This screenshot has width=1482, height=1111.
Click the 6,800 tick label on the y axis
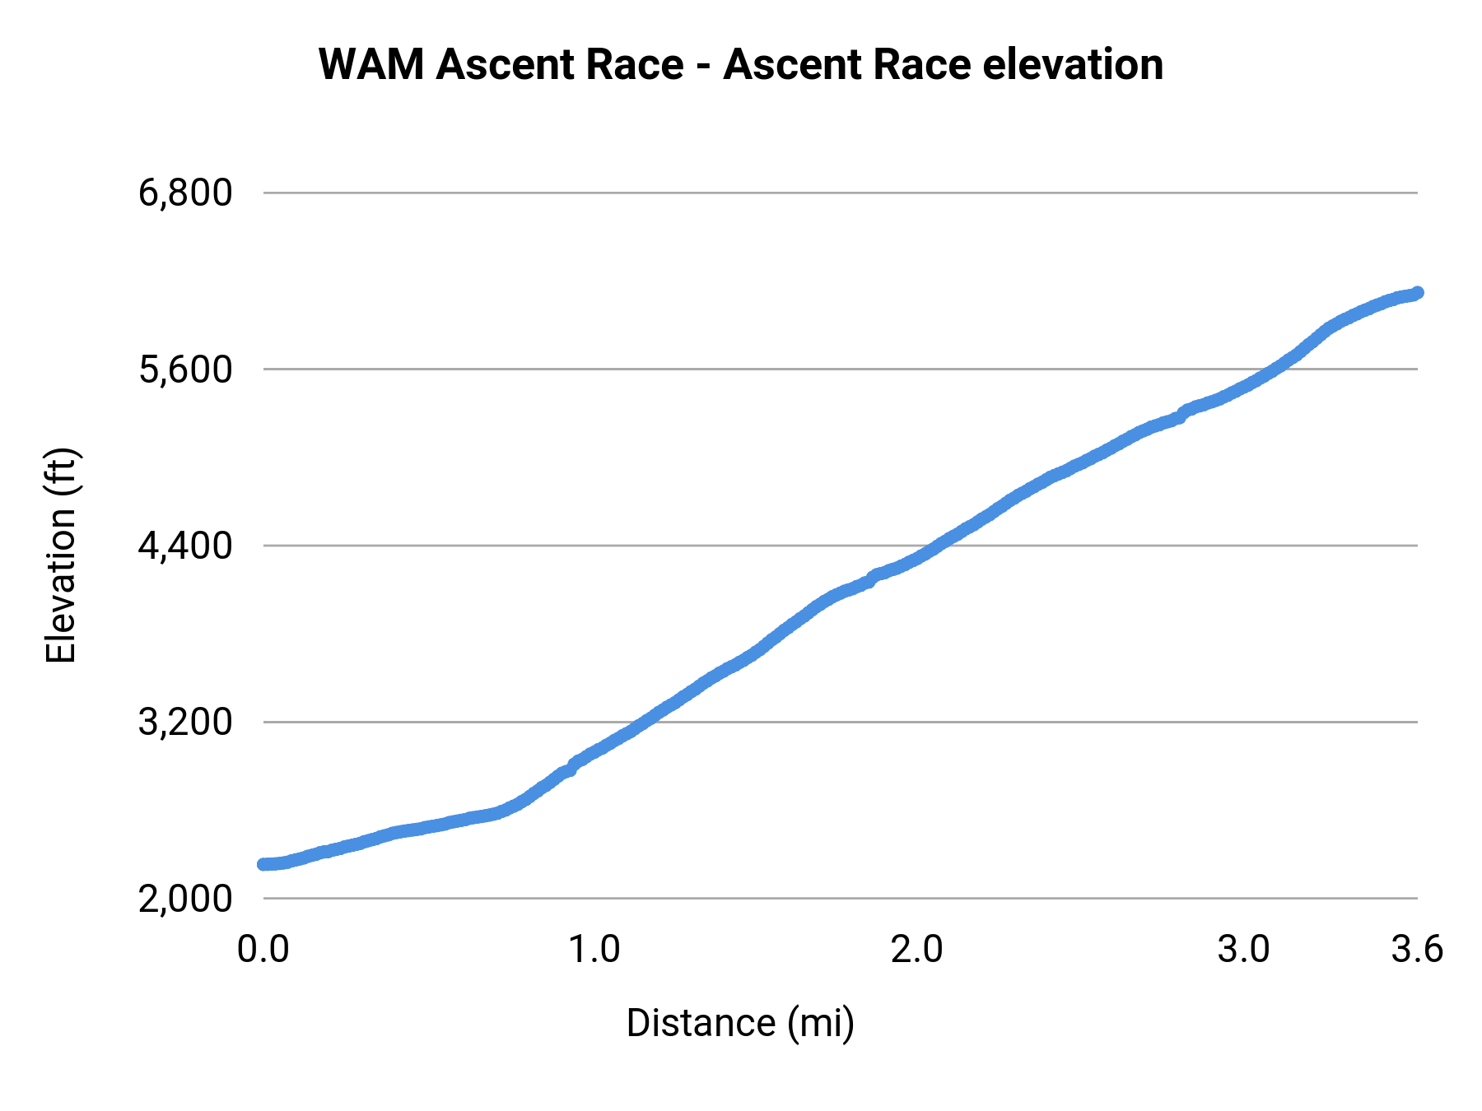click(185, 193)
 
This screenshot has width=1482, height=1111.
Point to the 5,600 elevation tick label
click(185, 370)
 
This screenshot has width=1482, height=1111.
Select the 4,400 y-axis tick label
click(185, 546)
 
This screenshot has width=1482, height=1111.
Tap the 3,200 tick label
click(185, 723)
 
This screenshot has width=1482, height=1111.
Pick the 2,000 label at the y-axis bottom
click(185, 899)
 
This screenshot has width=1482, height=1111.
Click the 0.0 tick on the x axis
click(263, 950)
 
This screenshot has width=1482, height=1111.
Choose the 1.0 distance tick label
click(595, 950)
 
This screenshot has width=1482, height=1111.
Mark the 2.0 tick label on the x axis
click(917, 950)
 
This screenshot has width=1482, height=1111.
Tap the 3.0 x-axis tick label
click(1243, 950)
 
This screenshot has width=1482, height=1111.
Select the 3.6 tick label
click(1417, 950)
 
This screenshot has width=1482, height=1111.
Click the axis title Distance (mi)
click(740, 1023)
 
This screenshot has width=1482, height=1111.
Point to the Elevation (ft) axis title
click(61, 555)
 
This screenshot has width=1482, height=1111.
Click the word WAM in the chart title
click(372, 64)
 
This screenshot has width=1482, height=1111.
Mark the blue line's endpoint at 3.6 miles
click(1417, 293)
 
